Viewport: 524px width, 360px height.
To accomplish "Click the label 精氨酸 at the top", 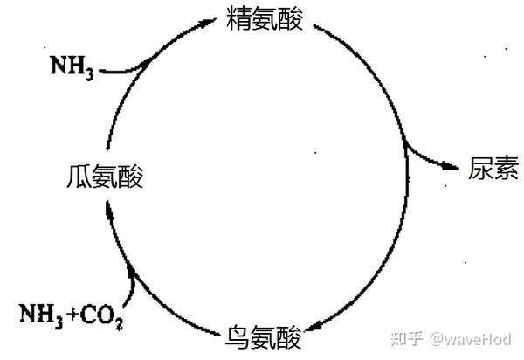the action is tap(264, 19).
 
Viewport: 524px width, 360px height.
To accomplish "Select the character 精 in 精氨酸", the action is tap(238, 19).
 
